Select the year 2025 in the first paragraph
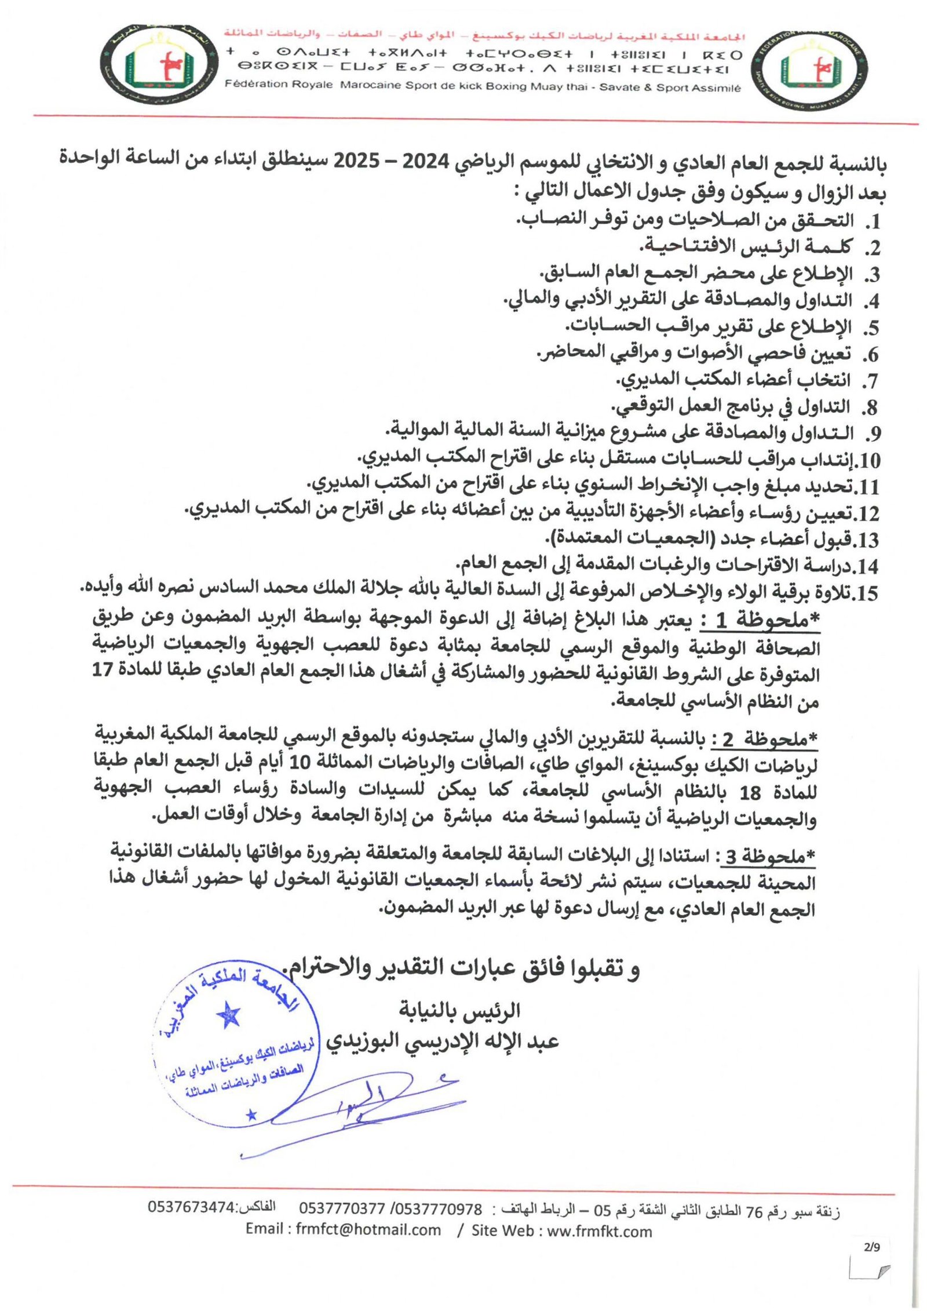356,162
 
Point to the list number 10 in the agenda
867,461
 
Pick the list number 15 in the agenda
867,593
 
